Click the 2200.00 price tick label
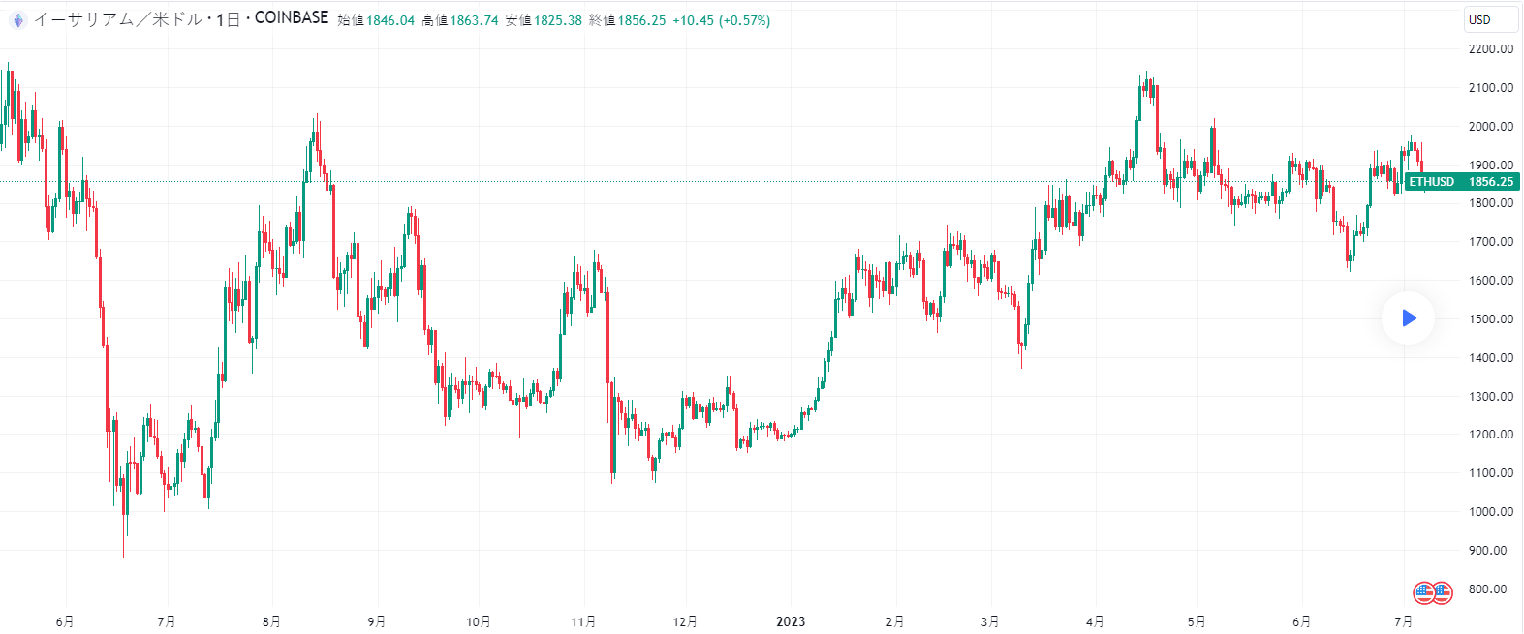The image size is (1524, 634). click(x=1490, y=49)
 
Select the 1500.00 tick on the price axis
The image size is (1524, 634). click(x=1490, y=318)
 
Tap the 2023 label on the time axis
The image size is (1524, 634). click(x=791, y=621)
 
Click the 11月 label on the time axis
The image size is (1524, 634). click(x=583, y=621)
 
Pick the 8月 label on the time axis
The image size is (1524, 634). click(x=271, y=621)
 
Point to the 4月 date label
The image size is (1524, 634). click(x=1095, y=621)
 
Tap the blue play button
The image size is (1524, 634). click(x=1408, y=317)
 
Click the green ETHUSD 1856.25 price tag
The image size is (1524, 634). click(x=1461, y=182)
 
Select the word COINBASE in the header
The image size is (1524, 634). click(x=292, y=18)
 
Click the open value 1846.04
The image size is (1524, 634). click(x=389, y=20)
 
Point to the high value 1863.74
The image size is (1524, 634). click(x=474, y=20)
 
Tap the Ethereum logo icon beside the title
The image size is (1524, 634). click(x=17, y=19)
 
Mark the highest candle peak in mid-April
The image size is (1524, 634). click(x=1145, y=74)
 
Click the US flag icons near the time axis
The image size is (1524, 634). click(x=1432, y=592)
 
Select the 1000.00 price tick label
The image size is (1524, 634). click(x=1490, y=511)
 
